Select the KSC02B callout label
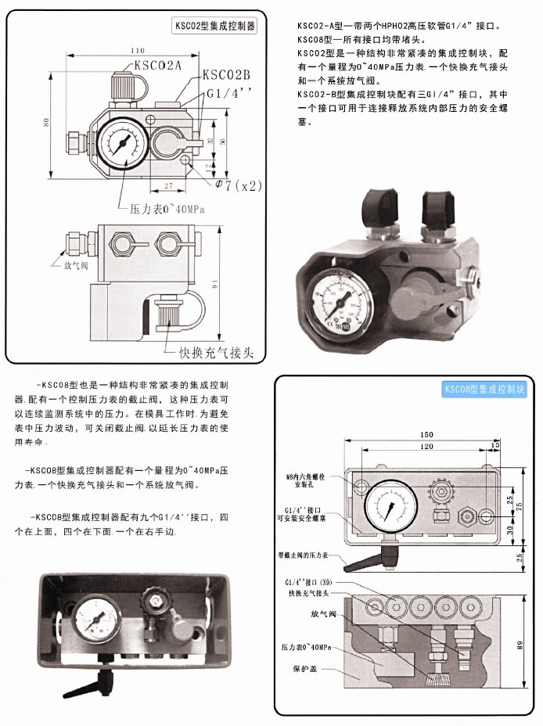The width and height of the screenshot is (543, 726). click(226, 75)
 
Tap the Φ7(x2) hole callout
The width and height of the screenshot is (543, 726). click(238, 185)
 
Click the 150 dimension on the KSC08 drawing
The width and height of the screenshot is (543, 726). click(426, 435)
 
